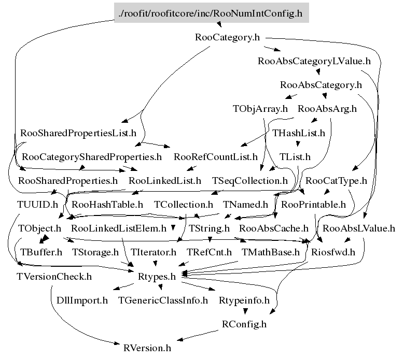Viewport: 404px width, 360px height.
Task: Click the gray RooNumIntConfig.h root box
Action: pos(210,13)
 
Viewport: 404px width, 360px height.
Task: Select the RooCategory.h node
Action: pos(227,37)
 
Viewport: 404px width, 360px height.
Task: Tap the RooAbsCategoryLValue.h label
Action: pos(314,61)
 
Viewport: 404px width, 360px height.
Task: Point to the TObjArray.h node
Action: pos(260,109)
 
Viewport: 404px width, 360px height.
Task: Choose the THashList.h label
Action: pos(299,133)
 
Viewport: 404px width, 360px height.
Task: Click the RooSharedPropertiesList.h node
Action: pos(78,133)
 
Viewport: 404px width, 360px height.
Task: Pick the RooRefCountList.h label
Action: pos(216,156)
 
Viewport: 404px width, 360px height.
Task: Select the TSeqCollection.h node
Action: pos(250,181)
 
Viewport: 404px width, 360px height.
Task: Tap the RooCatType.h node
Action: pos(337,181)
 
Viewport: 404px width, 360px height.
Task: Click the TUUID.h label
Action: pos(37,204)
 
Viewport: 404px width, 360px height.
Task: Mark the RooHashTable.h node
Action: pos(107,204)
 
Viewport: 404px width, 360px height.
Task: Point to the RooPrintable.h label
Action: pos(313,204)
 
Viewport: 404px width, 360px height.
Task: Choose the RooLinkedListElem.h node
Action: pos(119,228)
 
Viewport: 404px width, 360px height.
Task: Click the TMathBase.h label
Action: pos(271,252)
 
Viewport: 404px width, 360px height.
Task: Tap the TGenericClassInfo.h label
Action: pos(163,300)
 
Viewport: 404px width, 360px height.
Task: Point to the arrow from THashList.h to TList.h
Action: pos(298,145)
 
